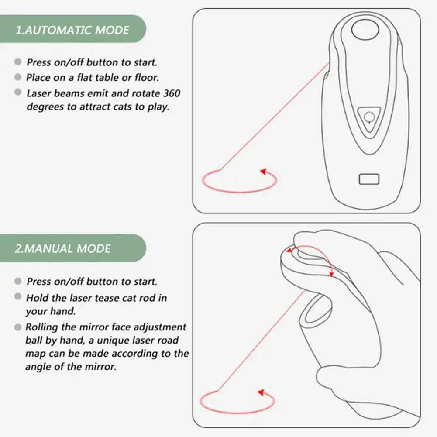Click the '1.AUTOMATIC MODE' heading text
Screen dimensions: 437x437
click(x=72, y=30)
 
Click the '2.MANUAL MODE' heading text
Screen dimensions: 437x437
click(x=63, y=248)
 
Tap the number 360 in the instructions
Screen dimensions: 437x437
click(x=172, y=93)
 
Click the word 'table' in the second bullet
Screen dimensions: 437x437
click(x=107, y=77)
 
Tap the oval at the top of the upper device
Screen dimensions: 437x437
click(x=365, y=30)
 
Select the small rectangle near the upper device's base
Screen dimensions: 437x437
click(x=369, y=179)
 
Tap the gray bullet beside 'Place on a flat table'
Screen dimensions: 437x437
click(x=18, y=77)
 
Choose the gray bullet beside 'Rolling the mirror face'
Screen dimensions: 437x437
click(x=18, y=327)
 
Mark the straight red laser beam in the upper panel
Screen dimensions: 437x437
click(x=275, y=116)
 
